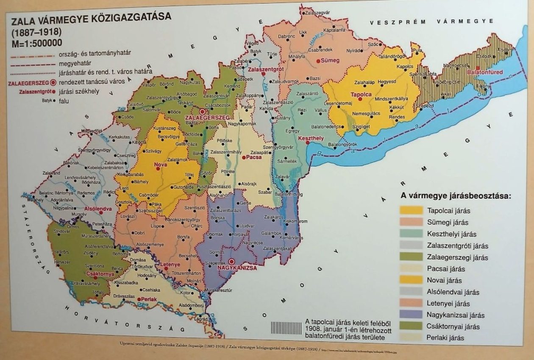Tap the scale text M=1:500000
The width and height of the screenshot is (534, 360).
tap(36, 42)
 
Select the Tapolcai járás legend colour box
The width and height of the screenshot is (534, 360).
tap(411, 210)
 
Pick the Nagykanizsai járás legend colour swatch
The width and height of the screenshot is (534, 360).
tap(411, 315)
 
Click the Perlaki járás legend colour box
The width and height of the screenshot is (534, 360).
tap(411, 338)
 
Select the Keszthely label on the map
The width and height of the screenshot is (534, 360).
tap(311, 139)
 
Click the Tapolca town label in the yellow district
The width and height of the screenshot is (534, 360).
tap(361, 94)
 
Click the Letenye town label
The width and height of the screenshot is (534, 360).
tap(170, 265)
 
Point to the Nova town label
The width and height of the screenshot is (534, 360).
tap(160, 164)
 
